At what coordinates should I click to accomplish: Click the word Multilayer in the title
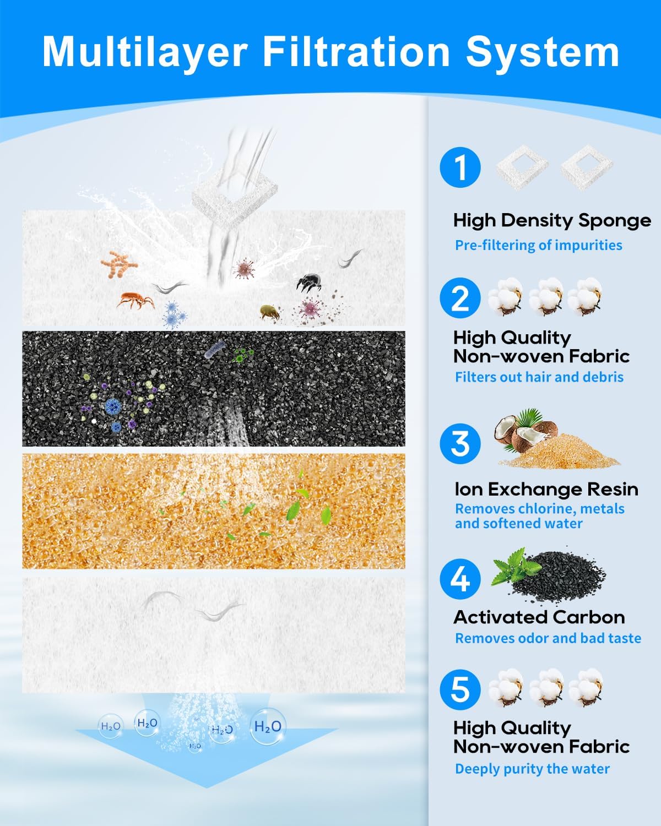pyautogui.click(x=145, y=53)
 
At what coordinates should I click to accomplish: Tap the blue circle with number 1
pyautogui.click(x=460, y=167)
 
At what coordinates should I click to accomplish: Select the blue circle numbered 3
pyautogui.click(x=460, y=443)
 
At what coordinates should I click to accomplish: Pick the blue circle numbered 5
pyautogui.click(x=460, y=689)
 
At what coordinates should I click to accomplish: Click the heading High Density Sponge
pyautogui.click(x=552, y=221)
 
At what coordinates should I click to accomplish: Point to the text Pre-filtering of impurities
pyautogui.click(x=539, y=245)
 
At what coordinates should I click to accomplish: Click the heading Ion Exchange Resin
pyautogui.click(x=546, y=489)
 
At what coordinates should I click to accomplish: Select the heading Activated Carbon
pyautogui.click(x=539, y=617)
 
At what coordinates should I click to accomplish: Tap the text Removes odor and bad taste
pyautogui.click(x=548, y=638)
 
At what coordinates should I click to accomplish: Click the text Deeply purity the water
pyautogui.click(x=532, y=769)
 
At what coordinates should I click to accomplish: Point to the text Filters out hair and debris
pyautogui.click(x=539, y=377)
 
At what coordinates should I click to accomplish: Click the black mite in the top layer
pyautogui.click(x=309, y=282)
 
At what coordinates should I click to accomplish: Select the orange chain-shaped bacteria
pyautogui.click(x=118, y=264)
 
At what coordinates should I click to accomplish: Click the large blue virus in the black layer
pyautogui.click(x=113, y=406)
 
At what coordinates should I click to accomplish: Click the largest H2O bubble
pyautogui.click(x=268, y=726)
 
